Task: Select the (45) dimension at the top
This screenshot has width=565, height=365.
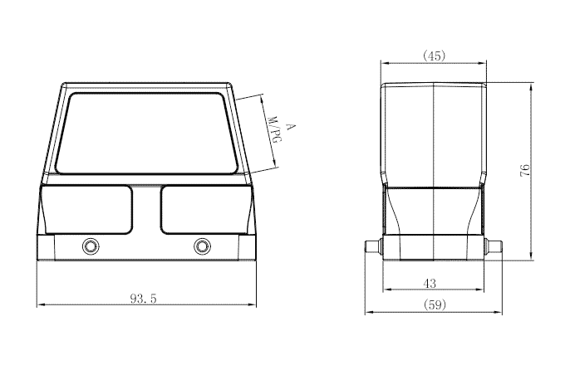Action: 434,56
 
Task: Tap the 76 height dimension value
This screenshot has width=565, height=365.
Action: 523,171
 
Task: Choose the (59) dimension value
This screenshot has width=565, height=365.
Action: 433,305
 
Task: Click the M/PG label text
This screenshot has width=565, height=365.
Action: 274,135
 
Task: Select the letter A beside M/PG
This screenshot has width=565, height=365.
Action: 289,127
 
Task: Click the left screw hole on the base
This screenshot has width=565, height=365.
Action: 90,246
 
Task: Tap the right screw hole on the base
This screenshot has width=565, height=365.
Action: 202,246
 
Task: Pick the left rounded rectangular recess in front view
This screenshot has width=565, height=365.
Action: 86,209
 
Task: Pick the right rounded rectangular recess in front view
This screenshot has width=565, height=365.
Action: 202,209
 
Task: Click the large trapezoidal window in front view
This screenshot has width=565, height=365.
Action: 146,134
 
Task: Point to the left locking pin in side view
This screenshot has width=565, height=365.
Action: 373,246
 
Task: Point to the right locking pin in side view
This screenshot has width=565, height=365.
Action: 495,246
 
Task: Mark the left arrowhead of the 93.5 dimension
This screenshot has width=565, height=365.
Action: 39,305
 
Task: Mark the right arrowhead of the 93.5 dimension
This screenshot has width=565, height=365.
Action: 253,305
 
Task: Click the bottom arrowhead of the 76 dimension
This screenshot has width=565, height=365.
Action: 532,258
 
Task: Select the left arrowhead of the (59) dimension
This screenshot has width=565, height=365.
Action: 368,313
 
